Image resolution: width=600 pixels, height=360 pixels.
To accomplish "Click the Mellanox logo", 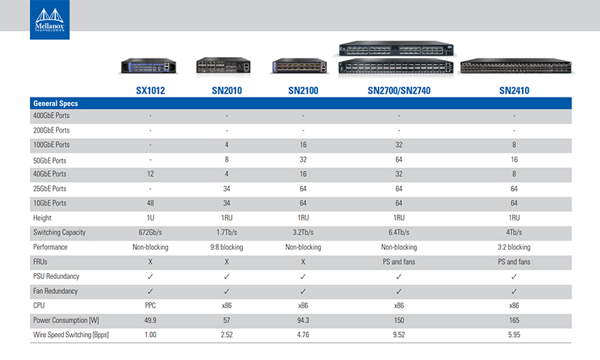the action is [49, 19].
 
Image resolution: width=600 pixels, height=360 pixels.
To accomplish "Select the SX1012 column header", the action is [151, 91].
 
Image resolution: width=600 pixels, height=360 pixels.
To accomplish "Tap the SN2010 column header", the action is [226, 91].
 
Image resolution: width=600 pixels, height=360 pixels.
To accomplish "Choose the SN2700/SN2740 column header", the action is [399, 91].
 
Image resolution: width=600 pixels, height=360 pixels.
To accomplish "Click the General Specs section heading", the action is [55, 103].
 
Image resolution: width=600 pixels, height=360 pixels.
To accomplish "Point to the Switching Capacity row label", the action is [59, 232].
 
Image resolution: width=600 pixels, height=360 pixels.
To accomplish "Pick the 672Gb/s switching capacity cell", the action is [151, 232].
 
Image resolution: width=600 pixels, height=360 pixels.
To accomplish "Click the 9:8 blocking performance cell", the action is [226, 247].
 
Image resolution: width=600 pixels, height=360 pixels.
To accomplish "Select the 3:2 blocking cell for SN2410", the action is [514, 247].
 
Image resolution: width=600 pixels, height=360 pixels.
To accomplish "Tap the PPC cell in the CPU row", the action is [151, 305].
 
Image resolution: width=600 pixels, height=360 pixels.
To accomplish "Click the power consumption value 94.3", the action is [303, 320].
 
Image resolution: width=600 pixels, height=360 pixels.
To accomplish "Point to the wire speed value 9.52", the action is [399, 334].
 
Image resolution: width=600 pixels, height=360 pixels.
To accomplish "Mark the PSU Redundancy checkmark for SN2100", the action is [303, 276].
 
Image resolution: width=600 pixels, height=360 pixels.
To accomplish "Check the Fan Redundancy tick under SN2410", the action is [514, 291].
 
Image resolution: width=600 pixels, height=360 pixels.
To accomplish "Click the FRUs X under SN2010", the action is [226, 262].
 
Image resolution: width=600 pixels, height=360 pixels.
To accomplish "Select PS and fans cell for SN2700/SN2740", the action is [399, 262].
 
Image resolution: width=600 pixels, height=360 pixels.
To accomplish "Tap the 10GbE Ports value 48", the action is [151, 203].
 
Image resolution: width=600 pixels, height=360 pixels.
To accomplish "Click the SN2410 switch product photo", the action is [516, 66].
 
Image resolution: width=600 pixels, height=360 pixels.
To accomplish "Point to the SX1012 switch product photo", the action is [148, 66].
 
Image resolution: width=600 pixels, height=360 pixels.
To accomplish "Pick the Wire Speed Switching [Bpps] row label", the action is [70, 334].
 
